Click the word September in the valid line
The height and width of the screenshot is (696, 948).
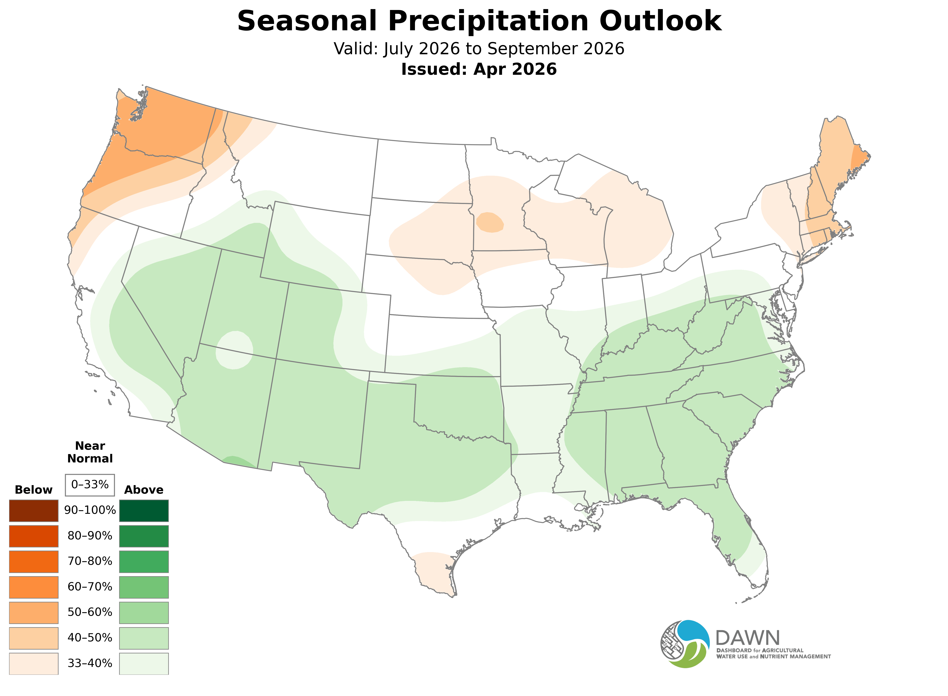click(524, 49)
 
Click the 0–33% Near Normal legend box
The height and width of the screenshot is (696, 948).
click(90, 485)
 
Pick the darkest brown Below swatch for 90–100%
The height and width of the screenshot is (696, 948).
click(34, 511)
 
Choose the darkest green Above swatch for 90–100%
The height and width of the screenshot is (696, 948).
click(144, 511)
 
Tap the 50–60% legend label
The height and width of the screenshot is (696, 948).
click(90, 612)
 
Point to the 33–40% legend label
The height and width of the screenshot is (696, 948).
click(90, 663)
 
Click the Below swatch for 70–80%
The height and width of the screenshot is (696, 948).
click(34, 562)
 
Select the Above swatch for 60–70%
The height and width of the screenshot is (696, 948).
click(144, 587)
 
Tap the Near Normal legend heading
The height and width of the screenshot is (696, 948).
click(90, 452)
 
